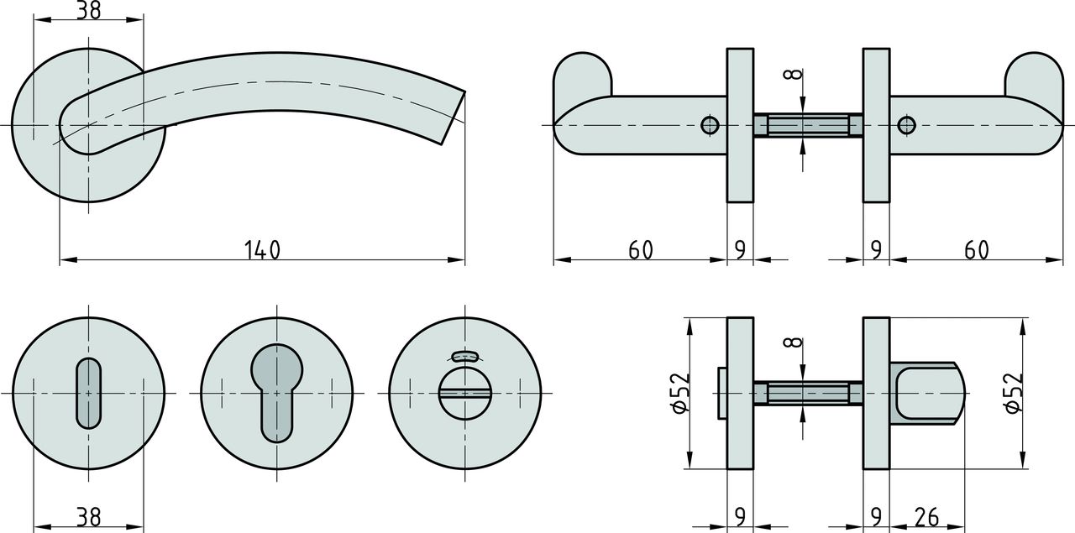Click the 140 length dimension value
262,249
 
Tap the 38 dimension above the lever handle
89,10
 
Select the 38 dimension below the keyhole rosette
89,517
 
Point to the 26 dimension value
926,517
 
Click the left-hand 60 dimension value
641,249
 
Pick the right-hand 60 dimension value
977,249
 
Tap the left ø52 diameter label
680,393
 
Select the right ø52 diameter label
1014,393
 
